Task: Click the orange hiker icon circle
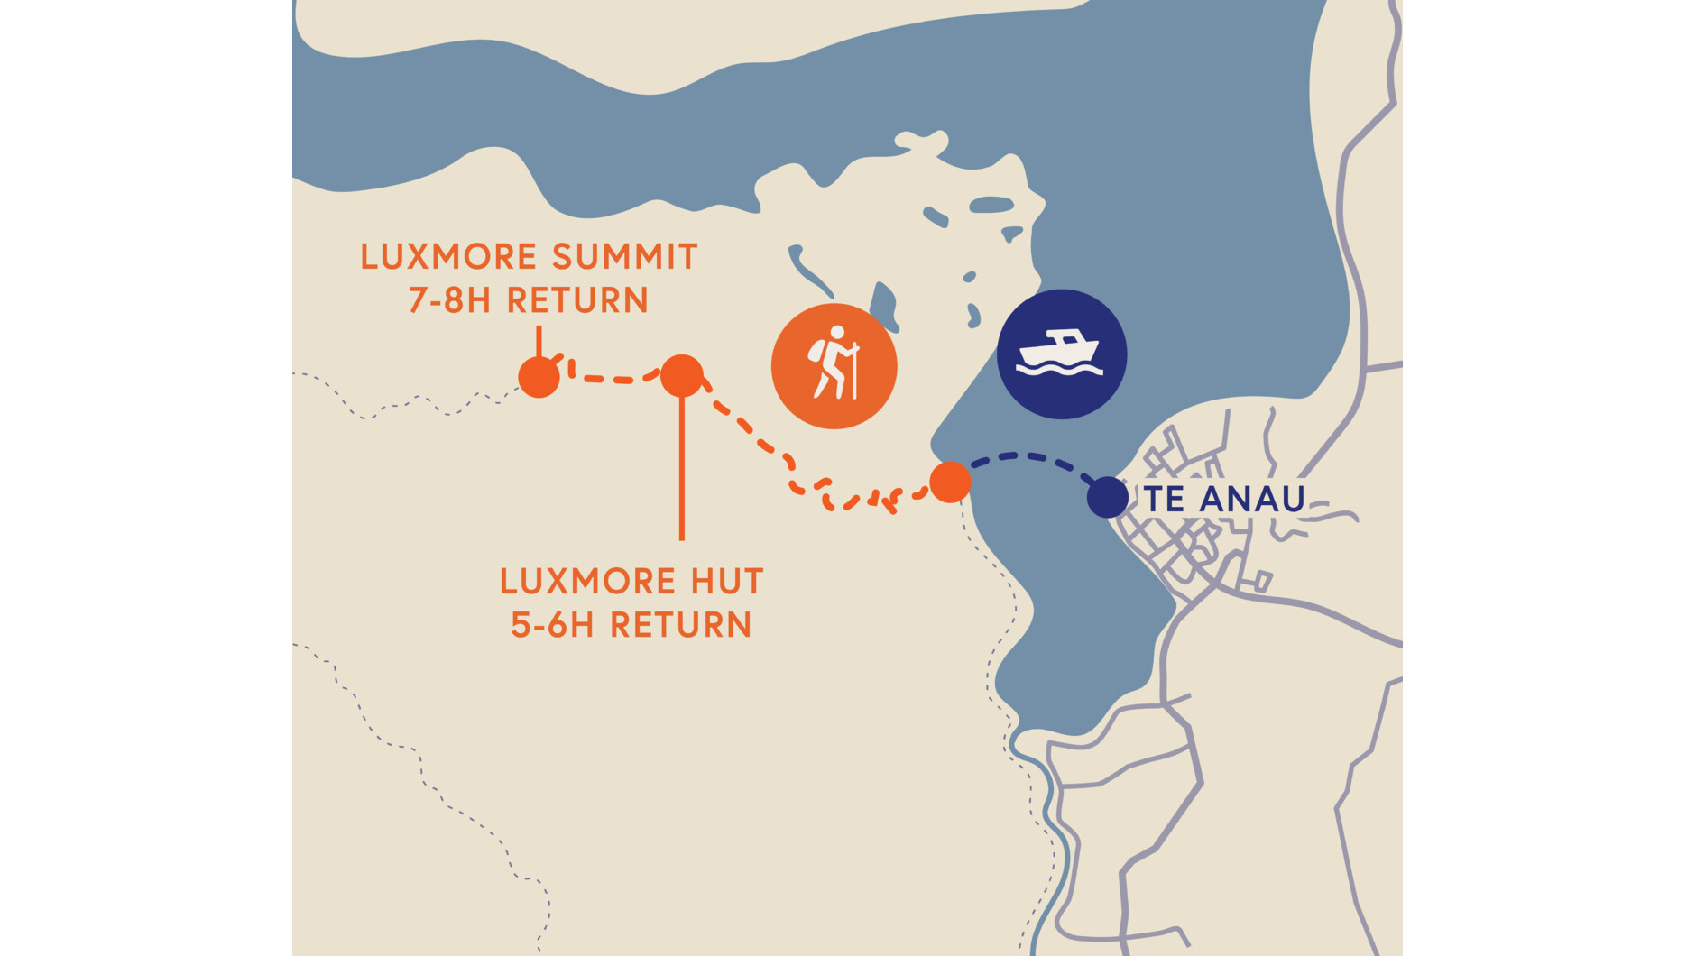pos(834,366)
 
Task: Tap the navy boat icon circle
pos(1061,354)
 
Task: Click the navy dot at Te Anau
pos(1107,498)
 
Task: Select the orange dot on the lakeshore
pos(950,482)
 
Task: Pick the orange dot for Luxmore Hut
pos(682,376)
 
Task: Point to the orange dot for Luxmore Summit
pos(539,377)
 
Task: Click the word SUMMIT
pos(624,257)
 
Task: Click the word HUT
pos(727,582)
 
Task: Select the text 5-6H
pos(552,625)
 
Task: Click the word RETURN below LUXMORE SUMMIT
pos(577,300)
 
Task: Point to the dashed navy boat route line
pos(1028,456)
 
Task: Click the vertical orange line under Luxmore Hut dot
pos(682,469)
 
